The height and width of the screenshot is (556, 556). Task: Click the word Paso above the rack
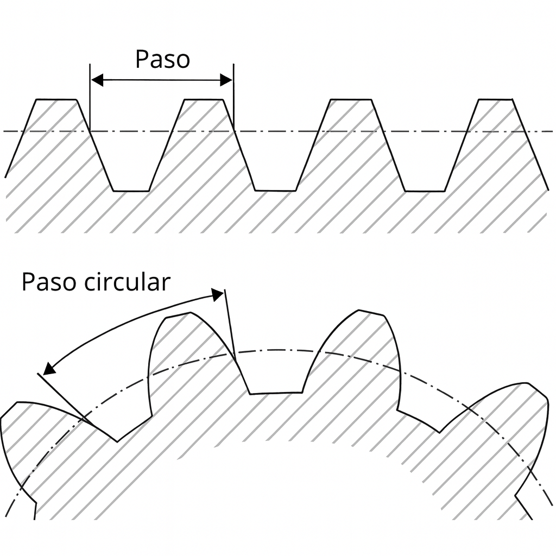tap(162, 59)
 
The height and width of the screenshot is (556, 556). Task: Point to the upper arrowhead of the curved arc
tap(218, 295)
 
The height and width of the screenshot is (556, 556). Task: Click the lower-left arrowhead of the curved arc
tap(49, 369)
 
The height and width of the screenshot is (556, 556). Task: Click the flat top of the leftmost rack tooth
tap(55, 99)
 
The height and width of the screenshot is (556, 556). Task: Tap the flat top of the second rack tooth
tap(204, 99)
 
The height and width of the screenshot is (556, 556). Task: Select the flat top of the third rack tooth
tap(351, 99)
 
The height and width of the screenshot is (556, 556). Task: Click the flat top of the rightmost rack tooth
tap(495, 99)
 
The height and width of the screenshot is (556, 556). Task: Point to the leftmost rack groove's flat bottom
tap(131, 191)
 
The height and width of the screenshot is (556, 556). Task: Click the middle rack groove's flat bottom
tap(276, 191)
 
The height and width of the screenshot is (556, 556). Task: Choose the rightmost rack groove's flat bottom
tap(425, 191)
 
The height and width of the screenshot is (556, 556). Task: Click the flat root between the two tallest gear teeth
tap(276, 392)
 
